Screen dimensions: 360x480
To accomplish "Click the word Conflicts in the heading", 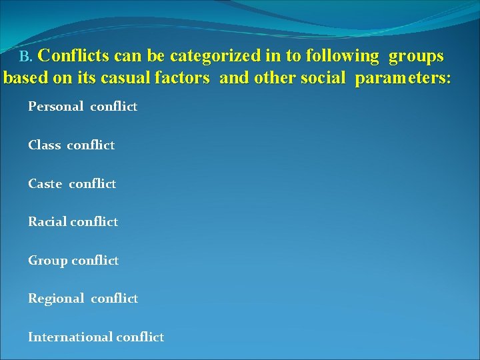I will pos(75,55).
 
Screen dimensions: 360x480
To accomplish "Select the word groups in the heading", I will pos(416,55).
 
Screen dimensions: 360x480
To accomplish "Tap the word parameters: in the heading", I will pos(403,78).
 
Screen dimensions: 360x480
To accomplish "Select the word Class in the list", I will pos(45,145).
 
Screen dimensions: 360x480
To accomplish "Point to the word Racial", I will pos(47,222).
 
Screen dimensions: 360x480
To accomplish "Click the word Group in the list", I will pos(46,261).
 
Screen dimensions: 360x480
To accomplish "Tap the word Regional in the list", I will pos(55,299).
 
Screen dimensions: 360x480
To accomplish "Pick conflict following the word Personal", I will pos(114,107).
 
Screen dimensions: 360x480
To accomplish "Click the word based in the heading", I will pos(23,78).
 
